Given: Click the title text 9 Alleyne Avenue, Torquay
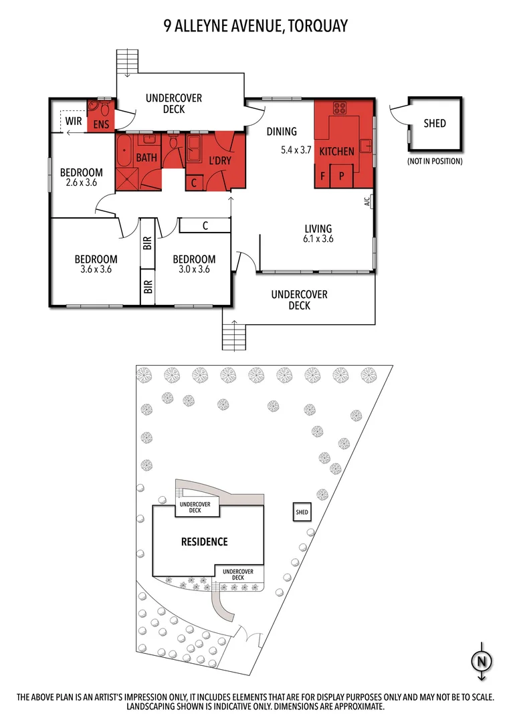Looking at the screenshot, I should point(255,26).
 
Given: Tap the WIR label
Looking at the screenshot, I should point(74,122).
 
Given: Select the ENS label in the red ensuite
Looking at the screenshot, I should point(101,124).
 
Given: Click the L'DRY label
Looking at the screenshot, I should point(219,160).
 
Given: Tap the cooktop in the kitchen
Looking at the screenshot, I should point(340,109).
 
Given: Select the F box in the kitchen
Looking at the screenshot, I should point(324,177).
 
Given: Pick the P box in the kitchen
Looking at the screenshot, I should point(342,177).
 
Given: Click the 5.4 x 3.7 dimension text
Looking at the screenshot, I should point(296,150).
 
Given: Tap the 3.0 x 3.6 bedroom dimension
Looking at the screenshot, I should point(194,270).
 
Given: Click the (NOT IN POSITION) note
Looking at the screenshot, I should point(435,161).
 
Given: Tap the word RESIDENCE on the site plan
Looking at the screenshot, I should point(205,541).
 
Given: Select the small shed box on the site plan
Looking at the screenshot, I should point(302,513).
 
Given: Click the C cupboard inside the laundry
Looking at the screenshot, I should point(193,182).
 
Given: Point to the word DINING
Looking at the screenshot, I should point(282,132).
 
